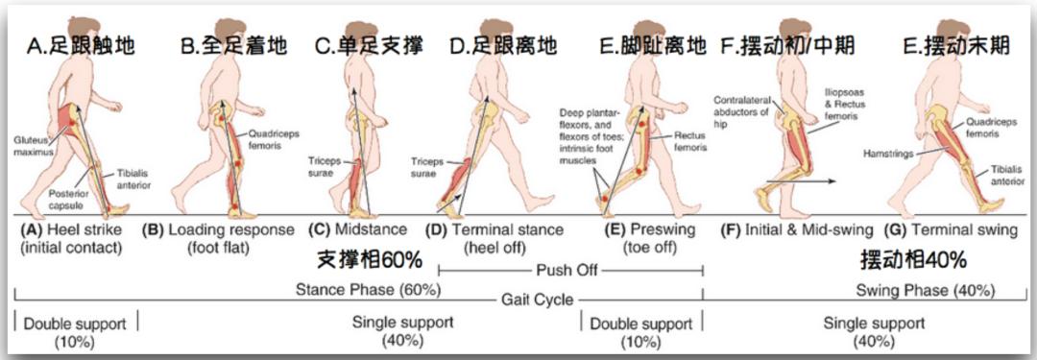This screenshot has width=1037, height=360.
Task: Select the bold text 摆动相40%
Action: [x=912, y=260]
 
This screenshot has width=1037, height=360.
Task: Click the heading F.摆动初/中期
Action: [x=787, y=44]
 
